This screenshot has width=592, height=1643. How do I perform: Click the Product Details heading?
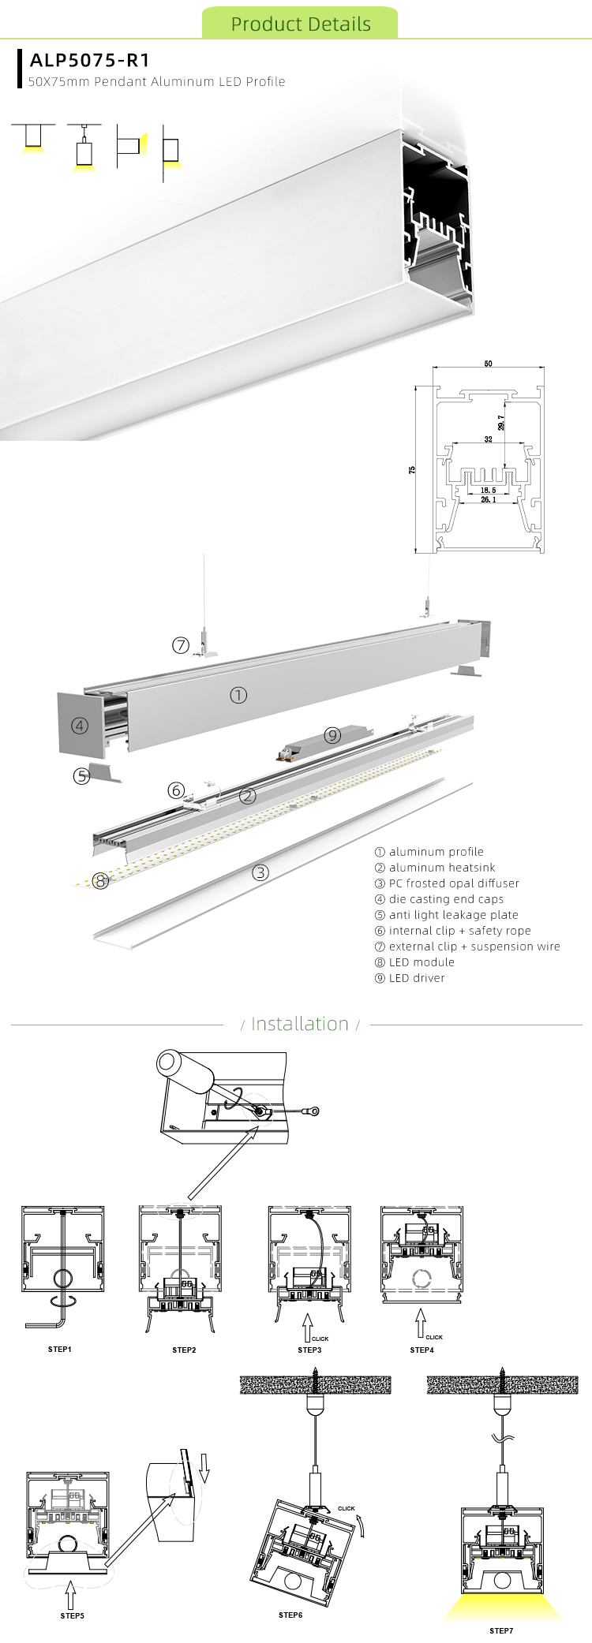pos(300,24)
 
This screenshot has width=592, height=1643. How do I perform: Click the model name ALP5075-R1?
pos(89,60)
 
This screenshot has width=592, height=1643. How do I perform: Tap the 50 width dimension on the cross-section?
pos(489,364)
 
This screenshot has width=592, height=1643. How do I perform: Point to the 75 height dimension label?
pos(412,469)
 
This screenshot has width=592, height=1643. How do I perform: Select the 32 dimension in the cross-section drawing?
pos(489,439)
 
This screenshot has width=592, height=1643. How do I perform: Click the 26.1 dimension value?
pos(488,499)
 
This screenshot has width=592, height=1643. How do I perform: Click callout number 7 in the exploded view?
pos(181,645)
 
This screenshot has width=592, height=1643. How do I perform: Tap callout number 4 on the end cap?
pos(80,726)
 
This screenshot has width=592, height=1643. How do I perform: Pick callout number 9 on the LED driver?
pos(332,735)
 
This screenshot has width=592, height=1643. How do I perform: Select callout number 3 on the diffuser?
pos(260,872)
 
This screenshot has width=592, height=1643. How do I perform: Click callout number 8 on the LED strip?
pos(100,881)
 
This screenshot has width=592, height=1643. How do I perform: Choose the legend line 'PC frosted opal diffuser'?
pos(447,883)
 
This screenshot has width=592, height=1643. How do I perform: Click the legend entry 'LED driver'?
pos(410,978)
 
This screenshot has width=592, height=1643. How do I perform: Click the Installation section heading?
pos(299,1024)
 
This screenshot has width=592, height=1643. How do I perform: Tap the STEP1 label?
pos(60,1350)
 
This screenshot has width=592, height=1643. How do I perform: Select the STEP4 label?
pos(422,1350)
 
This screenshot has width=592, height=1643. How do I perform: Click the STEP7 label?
pos(500,1630)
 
